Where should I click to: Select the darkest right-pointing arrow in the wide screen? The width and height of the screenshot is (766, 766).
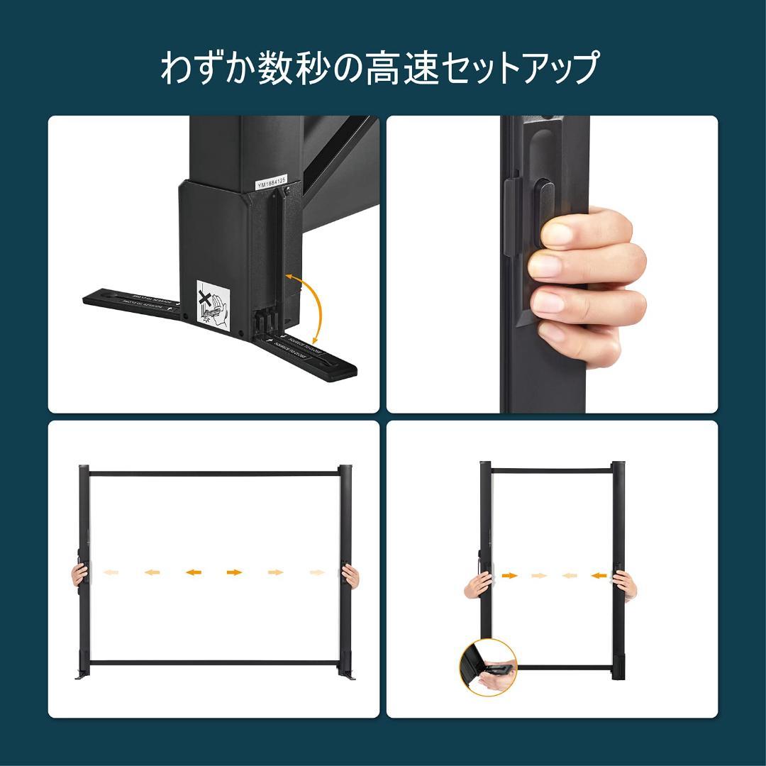point(234,572)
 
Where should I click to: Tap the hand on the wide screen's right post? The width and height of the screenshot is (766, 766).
point(350,575)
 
